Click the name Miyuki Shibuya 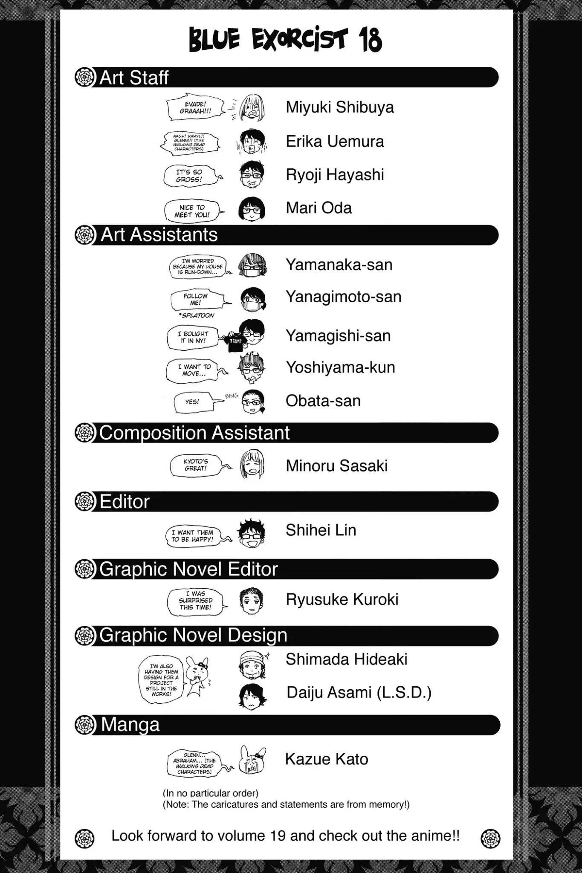[x=339, y=107]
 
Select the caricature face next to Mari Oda [x=252, y=209]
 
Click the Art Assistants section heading [x=159, y=235]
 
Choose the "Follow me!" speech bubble [x=196, y=300]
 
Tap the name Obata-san [x=323, y=401]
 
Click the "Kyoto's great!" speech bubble [x=196, y=465]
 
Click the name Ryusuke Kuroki [x=342, y=599]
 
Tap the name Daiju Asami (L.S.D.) [x=359, y=693]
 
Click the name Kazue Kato [x=326, y=759]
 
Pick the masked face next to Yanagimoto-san [x=252, y=299]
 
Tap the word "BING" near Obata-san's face [x=232, y=396]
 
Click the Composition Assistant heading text [x=194, y=433]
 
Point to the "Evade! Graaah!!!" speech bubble [x=195, y=107]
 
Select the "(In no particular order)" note [x=211, y=793]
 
